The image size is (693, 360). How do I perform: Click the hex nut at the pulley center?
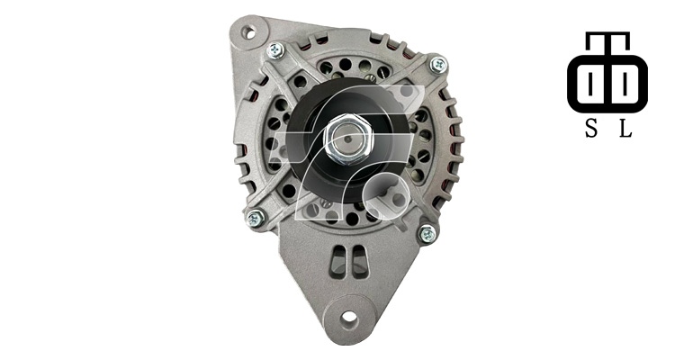(x=347, y=139)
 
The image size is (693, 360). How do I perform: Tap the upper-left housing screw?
(x=275, y=50)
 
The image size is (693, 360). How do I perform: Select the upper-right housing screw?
(x=438, y=65)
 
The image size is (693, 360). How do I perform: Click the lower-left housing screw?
(x=256, y=218)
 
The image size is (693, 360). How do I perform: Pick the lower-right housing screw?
(x=427, y=233)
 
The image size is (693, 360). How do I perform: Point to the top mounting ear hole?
(x=248, y=31)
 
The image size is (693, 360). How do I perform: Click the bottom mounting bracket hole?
(x=349, y=316)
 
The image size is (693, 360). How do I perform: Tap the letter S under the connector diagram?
(x=591, y=129)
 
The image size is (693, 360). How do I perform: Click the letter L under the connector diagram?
(x=625, y=129)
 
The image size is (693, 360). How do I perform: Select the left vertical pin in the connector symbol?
(x=590, y=84)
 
